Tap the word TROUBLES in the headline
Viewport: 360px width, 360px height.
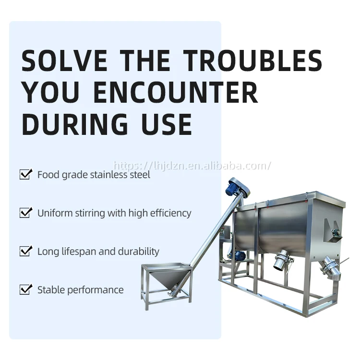pyautogui.click(x=254, y=61)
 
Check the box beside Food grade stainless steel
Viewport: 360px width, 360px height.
pyautogui.click(x=25, y=174)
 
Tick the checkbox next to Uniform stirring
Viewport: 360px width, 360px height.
pyautogui.click(x=25, y=213)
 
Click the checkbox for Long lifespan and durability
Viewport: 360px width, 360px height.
pyautogui.click(x=25, y=251)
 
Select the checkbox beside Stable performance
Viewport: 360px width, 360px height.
pyautogui.click(x=25, y=289)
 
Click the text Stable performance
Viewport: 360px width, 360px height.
pyautogui.click(x=80, y=290)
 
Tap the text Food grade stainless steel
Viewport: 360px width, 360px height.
pyautogui.click(x=94, y=175)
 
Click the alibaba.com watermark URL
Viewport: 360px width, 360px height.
pyautogui.click(x=192, y=166)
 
